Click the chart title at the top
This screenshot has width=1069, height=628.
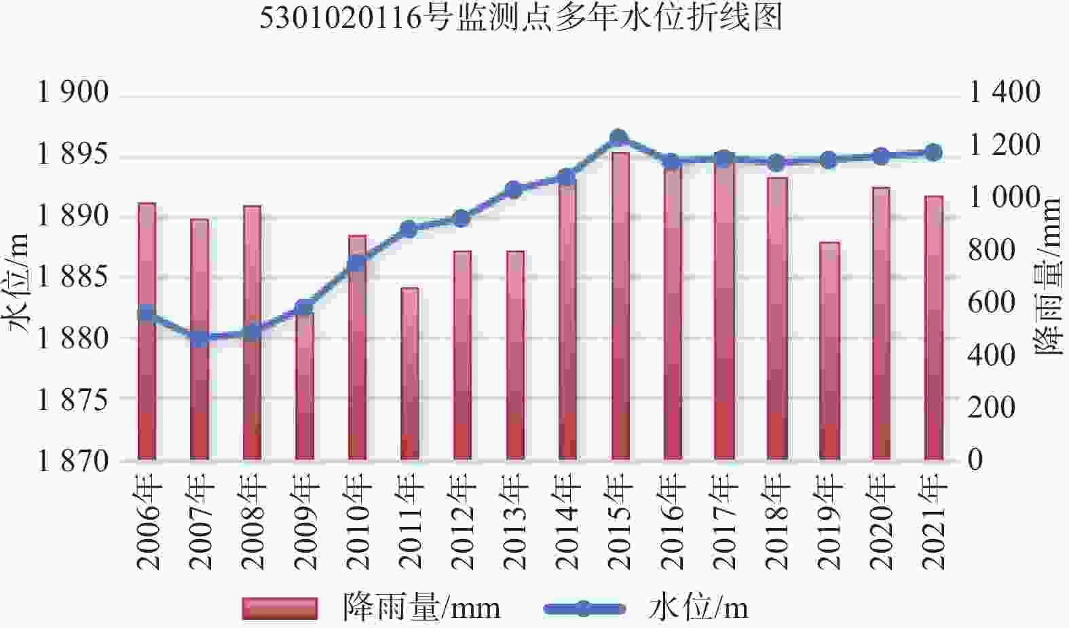pyautogui.click(x=521, y=18)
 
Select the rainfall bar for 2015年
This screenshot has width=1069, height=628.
pyautogui.click(x=620, y=306)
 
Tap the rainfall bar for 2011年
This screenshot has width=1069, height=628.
pyautogui.click(x=410, y=373)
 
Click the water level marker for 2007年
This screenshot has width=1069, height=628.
pyautogui.click(x=200, y=338)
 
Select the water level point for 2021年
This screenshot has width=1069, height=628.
pyautogui.click(x=934, y=152)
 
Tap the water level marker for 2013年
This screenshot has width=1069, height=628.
pyautogui.click(x=514, y=189)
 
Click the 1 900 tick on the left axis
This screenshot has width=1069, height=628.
pyautogui.click(x=73, y=92)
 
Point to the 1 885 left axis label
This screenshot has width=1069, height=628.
pyautogui.click(x=73, y=277)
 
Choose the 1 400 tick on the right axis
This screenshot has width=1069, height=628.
pyautogui.click(x=1005, y=92)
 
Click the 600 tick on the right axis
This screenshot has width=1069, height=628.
pyautogui.click(x=992, y=303)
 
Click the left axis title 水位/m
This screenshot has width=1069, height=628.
pyautogui.click(x=18, y=282)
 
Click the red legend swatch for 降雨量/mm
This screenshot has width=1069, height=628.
pyautogui.click(x=280, y=608)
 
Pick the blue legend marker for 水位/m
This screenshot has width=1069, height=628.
pyautogui.click(x=584, y=608)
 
